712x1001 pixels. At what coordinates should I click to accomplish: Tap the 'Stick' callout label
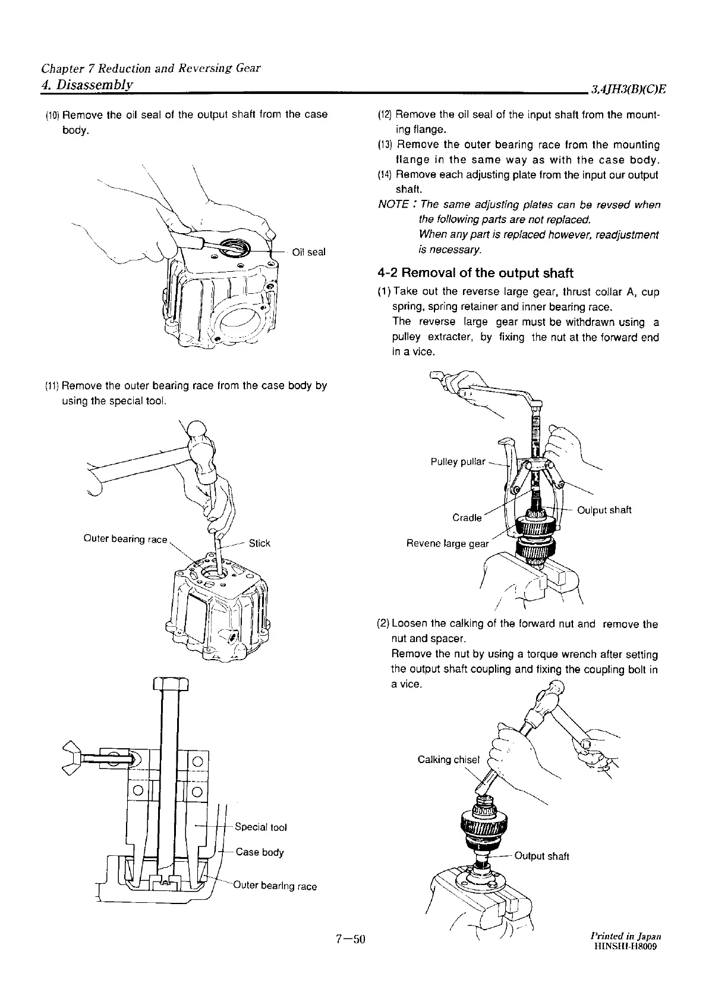click(260, 543)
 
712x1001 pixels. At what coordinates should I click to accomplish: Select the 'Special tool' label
click(261, 827)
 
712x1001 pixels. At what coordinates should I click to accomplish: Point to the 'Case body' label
click(260, 852)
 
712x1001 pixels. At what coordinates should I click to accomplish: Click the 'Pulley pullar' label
click(458, 462)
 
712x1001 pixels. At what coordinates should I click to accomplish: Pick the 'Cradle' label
click(467, 517)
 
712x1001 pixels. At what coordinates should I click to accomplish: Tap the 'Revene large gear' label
click(447, 544)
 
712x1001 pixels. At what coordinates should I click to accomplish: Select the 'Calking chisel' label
click(448, 760)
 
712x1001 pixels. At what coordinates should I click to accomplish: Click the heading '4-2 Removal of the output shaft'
click(475, 273)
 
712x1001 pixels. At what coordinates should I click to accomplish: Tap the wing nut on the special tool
click(73, 757)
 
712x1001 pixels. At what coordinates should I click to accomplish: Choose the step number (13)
click(386, 145)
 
